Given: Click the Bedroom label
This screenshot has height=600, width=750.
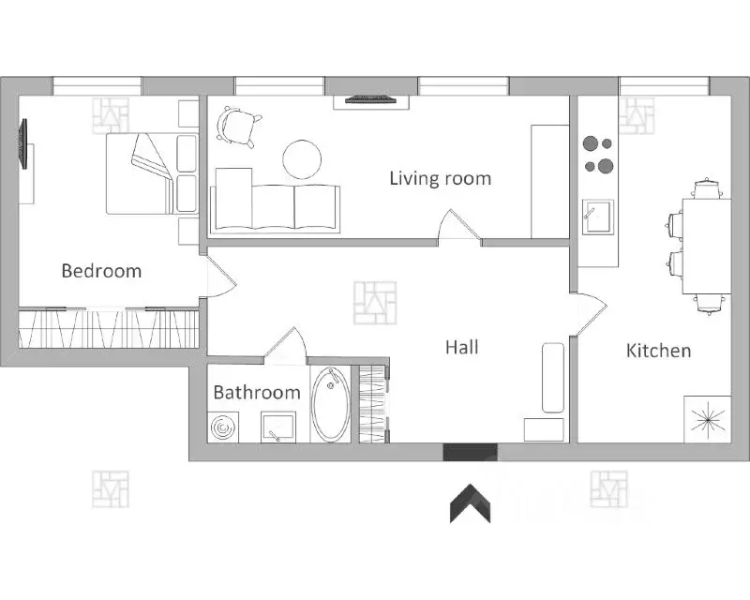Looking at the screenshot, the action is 101,271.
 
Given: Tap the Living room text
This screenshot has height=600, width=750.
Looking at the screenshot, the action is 440,178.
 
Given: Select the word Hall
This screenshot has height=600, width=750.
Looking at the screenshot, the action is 461,347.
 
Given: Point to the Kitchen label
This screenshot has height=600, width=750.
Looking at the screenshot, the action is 658,351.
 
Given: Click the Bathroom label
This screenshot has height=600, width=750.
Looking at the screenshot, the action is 257,393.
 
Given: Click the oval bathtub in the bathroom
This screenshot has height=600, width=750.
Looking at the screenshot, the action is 331,405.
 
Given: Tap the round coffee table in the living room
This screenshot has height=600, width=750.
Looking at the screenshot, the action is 302,159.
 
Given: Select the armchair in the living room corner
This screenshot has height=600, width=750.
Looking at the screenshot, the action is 238,126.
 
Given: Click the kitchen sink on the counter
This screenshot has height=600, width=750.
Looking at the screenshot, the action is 597,217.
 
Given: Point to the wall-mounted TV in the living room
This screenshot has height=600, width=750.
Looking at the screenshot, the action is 370,99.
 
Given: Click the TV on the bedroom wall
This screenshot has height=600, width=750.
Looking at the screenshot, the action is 22,143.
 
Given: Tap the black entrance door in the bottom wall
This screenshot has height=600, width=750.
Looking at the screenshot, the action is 471,452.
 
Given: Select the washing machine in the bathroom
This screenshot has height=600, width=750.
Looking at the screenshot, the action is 223,427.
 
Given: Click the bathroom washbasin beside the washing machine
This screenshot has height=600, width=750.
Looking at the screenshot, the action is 277,427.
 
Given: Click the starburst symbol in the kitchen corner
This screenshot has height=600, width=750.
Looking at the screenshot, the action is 708,420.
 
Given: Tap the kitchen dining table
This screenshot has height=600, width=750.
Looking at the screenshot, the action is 707,247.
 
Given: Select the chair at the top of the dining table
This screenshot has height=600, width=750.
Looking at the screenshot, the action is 707,188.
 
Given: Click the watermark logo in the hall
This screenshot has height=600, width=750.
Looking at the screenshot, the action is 376,303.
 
